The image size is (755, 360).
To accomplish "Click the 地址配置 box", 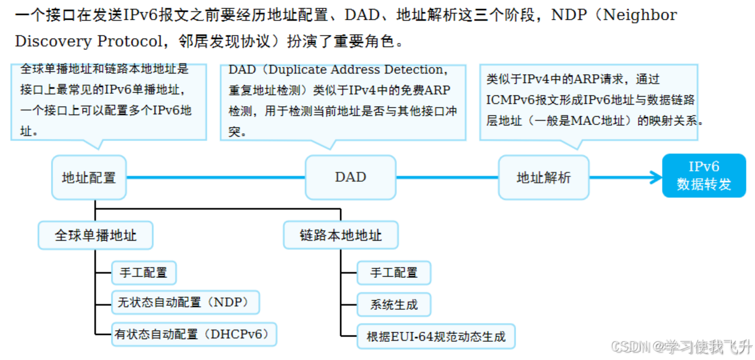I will [89, 178].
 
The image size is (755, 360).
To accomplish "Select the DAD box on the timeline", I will [350, 178].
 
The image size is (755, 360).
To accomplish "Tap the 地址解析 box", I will [543, 178].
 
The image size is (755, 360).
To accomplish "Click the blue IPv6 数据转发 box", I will [703, 175].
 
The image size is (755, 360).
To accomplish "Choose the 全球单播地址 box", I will [95, 235].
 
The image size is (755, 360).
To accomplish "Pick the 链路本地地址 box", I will [341, 235].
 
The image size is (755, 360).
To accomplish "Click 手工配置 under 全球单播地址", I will [143, 273].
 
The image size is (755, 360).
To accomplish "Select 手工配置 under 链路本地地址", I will [393, 273].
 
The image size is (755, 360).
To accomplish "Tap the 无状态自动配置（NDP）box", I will [185, 302].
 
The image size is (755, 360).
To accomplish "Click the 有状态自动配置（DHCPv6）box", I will [194, 334].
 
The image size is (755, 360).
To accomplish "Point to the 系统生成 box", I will [393, 305].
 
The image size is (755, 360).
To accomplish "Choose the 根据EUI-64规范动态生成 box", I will [436, 337].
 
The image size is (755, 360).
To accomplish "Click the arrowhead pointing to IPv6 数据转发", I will [654, 178].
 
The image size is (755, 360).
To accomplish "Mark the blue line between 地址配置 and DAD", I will [215, 178].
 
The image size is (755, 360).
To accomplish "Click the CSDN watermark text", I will [681, 347].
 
